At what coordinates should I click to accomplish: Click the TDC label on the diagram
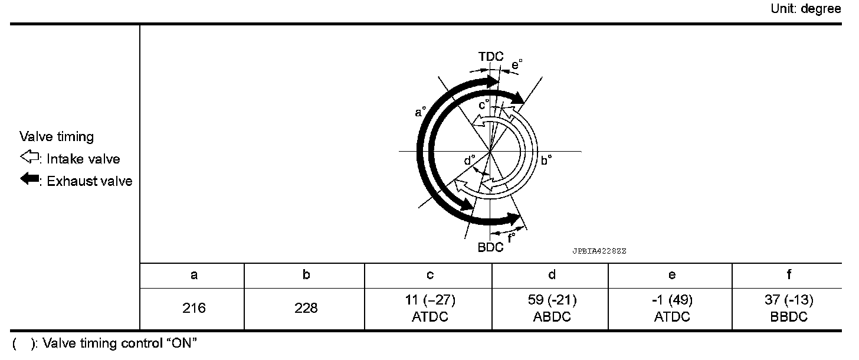point(490,57)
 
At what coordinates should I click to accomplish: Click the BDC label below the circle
point(490,247)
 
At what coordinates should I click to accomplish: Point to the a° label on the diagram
point(420,112)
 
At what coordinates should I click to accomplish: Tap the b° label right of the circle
point(546,160)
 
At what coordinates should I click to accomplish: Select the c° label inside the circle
point(484,104)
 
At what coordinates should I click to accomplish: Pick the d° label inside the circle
point(470,160)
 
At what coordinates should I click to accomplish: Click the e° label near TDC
point(517,64)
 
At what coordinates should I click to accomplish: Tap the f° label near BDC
point(511,238)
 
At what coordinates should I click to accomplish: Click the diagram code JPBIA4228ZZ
point(599,251)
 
